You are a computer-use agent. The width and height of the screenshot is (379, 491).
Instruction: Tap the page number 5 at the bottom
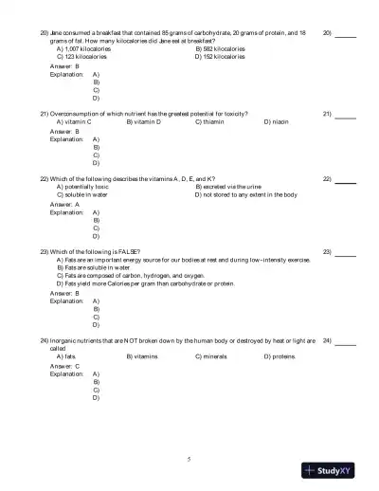pyautogui.click(x=189, y=459)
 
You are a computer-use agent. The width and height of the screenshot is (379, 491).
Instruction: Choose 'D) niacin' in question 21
pyautogui.click(x=280, y=121)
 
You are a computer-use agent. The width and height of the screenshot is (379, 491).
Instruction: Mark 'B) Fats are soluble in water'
pyautogui.click(x=101, y=267)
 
